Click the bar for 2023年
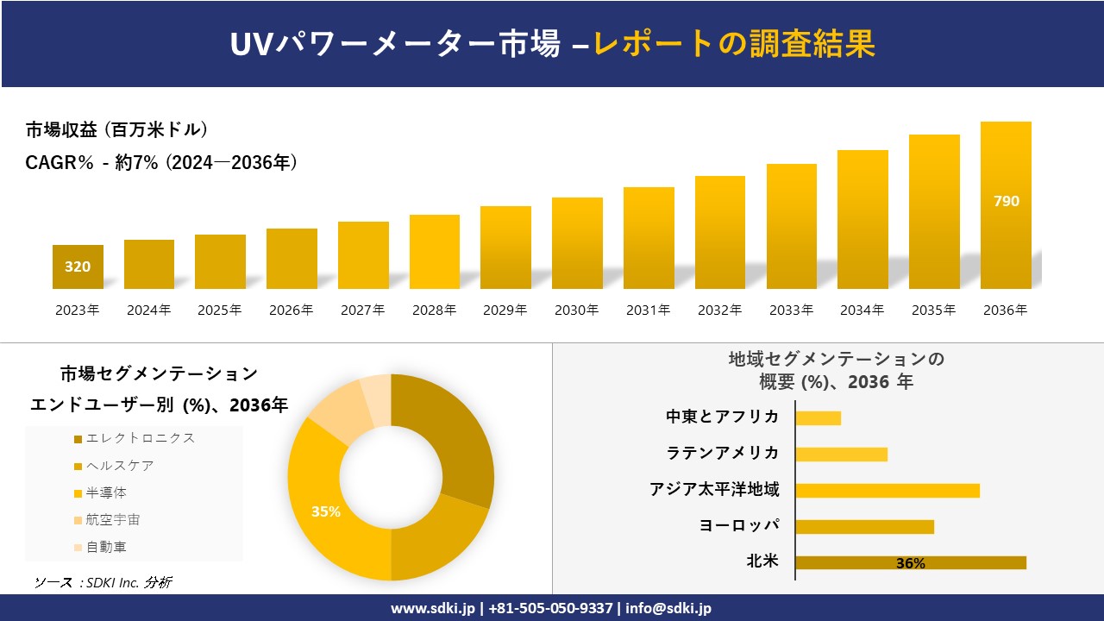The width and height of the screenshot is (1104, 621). (78, 267)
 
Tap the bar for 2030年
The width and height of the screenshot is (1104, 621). (577, 243)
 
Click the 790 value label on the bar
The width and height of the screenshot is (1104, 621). (1006, 201)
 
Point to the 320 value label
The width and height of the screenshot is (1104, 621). (78, 267)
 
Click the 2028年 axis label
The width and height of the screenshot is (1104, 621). (434, 310)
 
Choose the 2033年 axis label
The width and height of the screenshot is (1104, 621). (791, 310)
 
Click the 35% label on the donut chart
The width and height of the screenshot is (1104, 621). (326, 511)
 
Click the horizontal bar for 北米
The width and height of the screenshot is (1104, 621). (910, 563)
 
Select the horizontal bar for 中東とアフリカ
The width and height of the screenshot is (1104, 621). (818, 418)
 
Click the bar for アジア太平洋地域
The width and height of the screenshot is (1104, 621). (887, 491)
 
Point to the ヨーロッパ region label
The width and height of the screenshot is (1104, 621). (738, 526)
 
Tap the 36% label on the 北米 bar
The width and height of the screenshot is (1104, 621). (910, 563)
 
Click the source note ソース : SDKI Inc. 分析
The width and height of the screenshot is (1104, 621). (103, 583)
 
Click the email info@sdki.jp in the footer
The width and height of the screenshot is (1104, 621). (669, 608)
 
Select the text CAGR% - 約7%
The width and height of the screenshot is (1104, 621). (91, 162)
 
